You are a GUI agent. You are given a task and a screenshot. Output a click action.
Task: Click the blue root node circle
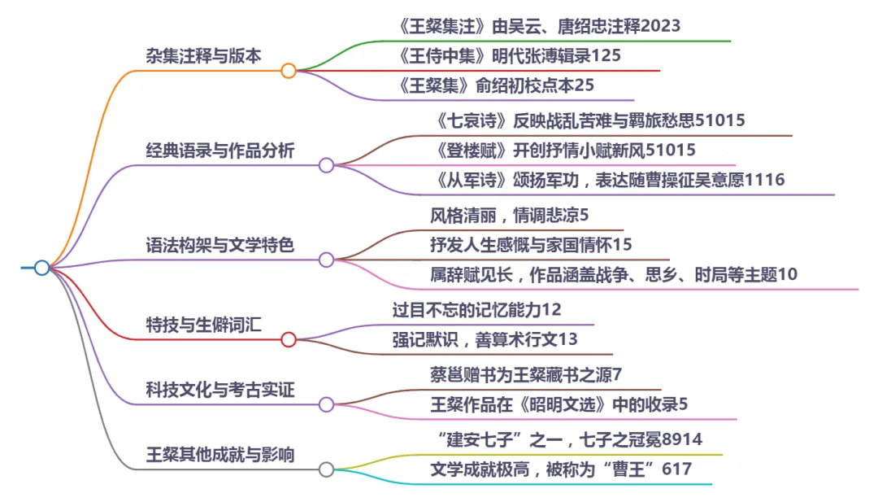pyautogui.click(x=41, y=268)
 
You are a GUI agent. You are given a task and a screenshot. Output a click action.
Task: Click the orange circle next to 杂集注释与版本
pyautogui.click(x=289, y=71)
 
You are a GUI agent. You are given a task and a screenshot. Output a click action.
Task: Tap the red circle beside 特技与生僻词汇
pyautogui.click(x=289, y=339)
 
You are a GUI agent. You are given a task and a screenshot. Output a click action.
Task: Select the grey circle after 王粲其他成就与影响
pyautogui.click(x=326, y=469)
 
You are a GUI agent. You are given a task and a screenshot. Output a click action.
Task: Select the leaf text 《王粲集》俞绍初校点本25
pyautogui.click(x=498, y=85)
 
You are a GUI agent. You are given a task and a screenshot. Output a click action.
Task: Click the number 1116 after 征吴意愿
pyautogui.click(x=765, y=180)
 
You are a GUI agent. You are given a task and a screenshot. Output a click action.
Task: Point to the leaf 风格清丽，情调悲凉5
pyautogui.click(x=509, y=216)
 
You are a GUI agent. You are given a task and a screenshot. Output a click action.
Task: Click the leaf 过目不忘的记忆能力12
pyautogui.click(x=476, y=310)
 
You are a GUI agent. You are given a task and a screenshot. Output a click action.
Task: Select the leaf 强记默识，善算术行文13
pyautogui.click(x=485, y=339)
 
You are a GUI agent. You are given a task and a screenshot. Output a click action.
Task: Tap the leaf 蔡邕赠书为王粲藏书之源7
pyautogui.click(x=525, y=375)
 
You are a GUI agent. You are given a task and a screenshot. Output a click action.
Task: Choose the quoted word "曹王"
pyautogui.click(x=634, y=469)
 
